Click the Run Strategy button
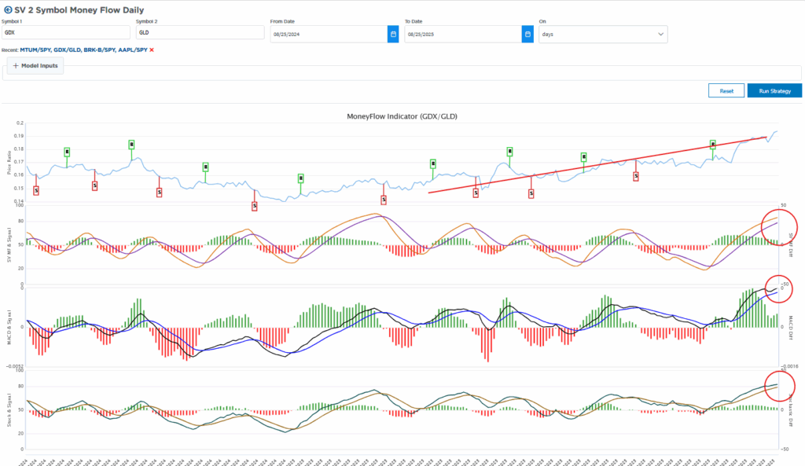tap(774, 91)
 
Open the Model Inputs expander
tap(35, 66)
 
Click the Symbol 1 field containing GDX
tap(66, 33)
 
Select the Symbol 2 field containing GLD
tap(200, 33)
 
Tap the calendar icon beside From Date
tap(393, 34)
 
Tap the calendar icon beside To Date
tap(527, 34)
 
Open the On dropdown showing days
tap(602, 34)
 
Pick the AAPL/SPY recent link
tap(131, 50)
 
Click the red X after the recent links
tap(152, 50)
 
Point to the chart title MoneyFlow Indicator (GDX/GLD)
tap(402, 116)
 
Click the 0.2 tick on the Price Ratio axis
tap(20, 123)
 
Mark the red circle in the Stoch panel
tap(779, 384)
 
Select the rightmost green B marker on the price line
tap(713, 145)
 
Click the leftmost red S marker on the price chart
tap(36, 189)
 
